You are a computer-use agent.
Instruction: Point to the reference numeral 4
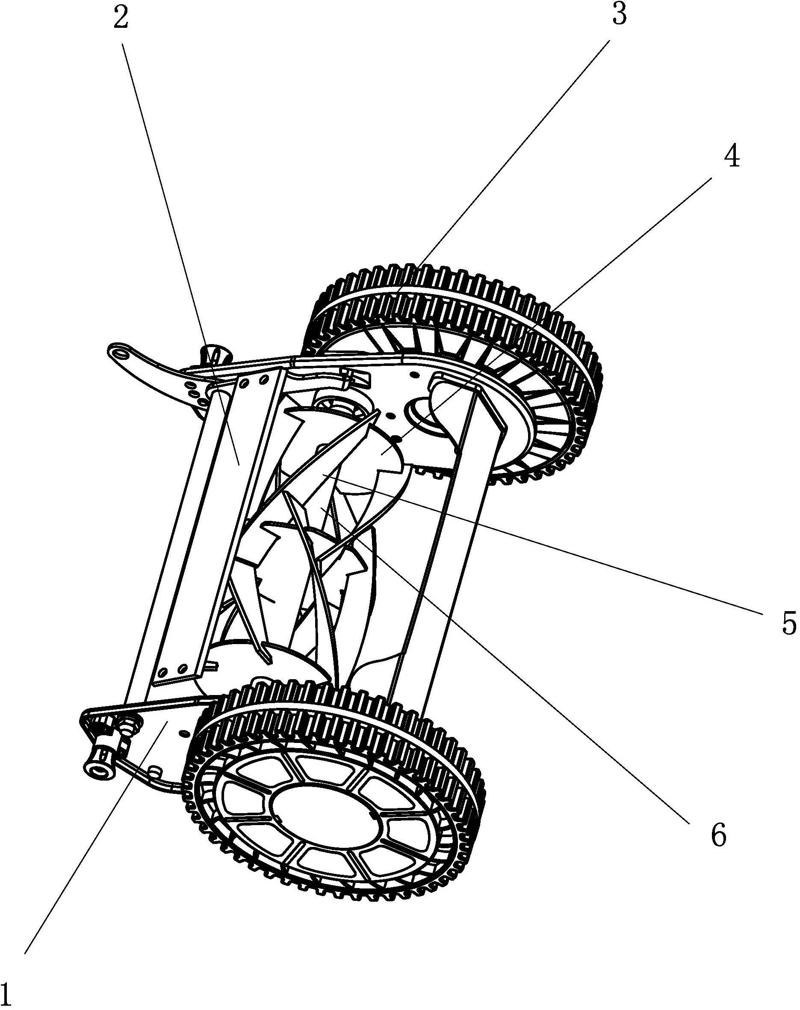[x=732, y=155]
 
